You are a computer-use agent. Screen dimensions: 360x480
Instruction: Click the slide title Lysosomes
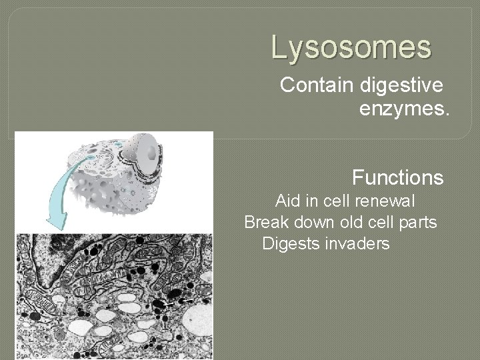point(351,48)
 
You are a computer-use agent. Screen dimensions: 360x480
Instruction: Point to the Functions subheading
point(397,179)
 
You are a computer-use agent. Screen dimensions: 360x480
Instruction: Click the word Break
point(265,222)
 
